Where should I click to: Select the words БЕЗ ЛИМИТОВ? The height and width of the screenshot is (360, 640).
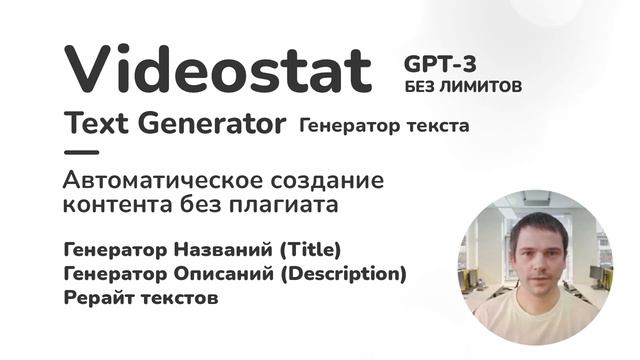coord(463,87)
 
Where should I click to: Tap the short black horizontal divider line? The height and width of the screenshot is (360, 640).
coord(81,153)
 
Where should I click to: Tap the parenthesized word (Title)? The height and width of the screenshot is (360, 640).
coord(309,248)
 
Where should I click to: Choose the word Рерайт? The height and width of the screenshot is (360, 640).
coord(95,297)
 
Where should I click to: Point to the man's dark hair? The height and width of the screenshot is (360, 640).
coord(535,222)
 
